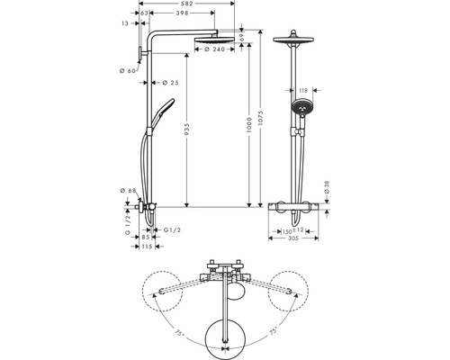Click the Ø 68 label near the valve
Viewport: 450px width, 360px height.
127,191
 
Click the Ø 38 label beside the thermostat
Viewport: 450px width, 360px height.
327,190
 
